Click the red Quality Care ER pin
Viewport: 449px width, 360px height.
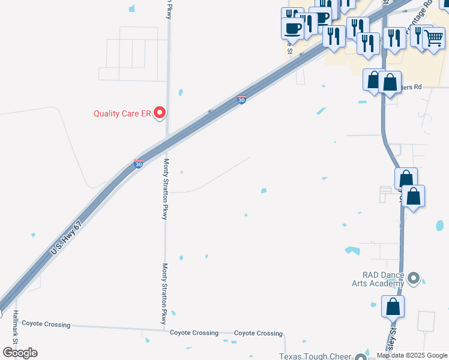pos(160,112)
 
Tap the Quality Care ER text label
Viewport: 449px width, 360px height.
pos(121,113)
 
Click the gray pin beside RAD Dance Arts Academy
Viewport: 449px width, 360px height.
pos(414,278)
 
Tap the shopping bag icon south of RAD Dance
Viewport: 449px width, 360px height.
pos(393,307)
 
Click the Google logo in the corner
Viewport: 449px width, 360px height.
pos(20,352)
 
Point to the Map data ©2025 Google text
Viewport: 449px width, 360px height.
pos(412,355)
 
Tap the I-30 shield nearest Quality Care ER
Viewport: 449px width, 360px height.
pos(241,100)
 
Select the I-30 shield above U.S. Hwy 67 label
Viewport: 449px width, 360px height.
pos(137,164)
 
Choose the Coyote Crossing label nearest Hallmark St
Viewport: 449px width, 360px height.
pos(46,325)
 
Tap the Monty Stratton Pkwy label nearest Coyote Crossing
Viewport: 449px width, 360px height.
pos(163,294)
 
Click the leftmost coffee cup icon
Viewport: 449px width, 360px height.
pos(293,28)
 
